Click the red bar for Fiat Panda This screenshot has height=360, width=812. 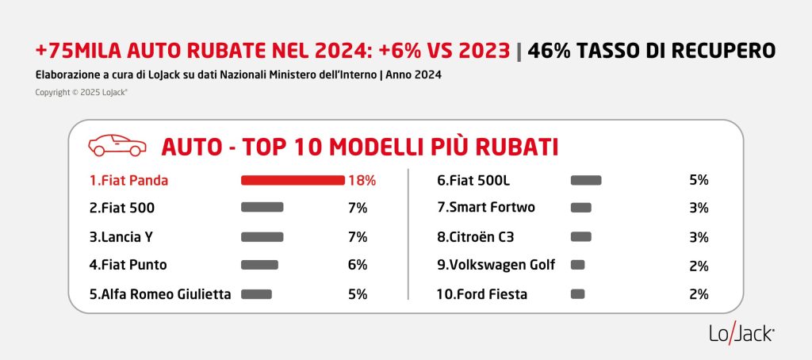tap(292, 180)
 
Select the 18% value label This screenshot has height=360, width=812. tap(362, 180)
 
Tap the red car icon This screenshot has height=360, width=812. tap(117, 146)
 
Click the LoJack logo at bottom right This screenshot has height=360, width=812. tap(741, 334)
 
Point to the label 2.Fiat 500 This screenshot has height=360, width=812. tap(122, 208)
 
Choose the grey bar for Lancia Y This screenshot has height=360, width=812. tap(262, 236)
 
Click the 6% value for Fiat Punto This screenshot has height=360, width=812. tap(358, 265)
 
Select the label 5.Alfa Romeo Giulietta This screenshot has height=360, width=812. tap(160, 294)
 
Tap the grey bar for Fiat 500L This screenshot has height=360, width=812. tap(586, 180)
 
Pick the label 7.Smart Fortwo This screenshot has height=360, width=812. tap(486, 208)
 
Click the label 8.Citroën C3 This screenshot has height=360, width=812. tap(481, 236)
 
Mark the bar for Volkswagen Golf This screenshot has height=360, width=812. tap(577, 265)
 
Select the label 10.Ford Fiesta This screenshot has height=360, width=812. tap(482, 294)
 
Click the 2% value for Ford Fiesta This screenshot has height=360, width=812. tap(699, 294)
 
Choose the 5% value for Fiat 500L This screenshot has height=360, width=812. tap(699, 180)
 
